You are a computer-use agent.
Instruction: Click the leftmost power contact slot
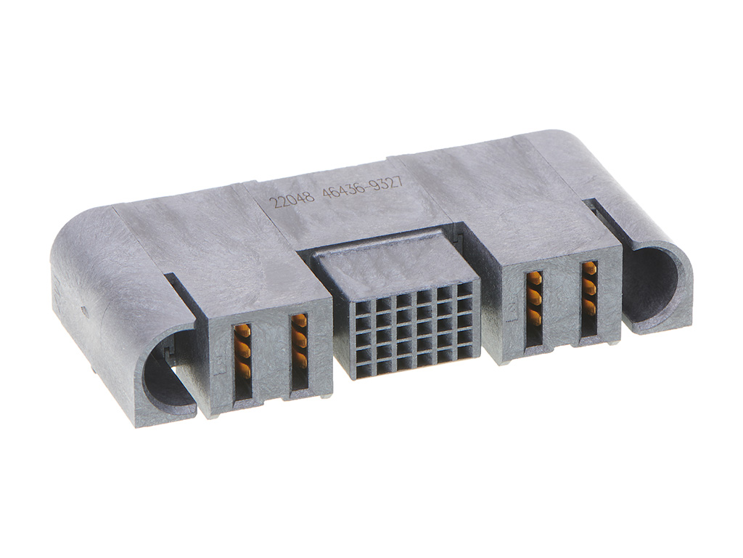click(242, 360)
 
